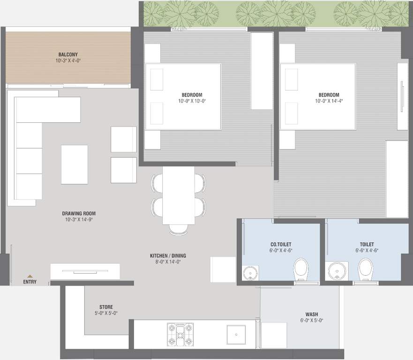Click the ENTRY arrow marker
coord(30,277)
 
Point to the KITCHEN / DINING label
coord(168,255)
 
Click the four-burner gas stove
coord(180,334)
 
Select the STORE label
coord(106,307)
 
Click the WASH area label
coord(312,315)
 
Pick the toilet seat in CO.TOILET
coord(300,270)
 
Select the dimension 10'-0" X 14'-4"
coord(327,101)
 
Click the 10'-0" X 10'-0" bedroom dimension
coord(192,101)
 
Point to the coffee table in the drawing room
coord(74,164)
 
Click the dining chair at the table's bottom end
coord(178,229)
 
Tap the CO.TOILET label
coord(280,244)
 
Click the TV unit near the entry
coord(85,271)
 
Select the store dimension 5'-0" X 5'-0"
coord(106,313)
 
